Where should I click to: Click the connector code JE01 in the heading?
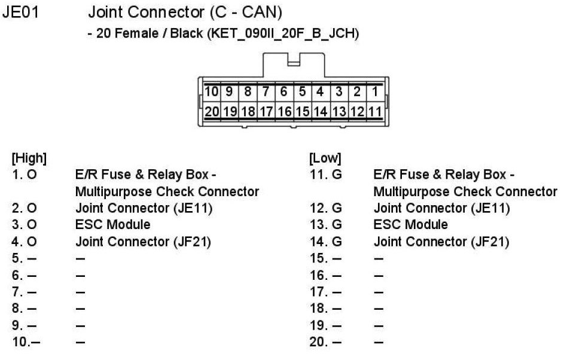[21, 11]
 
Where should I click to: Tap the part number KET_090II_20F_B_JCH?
[283, 34]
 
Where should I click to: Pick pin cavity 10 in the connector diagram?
[211, 92]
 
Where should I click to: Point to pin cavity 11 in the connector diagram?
[374, 111]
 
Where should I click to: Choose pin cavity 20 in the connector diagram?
[211, 111]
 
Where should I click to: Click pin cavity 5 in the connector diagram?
[302, 92]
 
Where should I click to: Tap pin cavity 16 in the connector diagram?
[284, 111]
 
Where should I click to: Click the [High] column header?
[29, 159]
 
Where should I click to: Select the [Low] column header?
[325, 159]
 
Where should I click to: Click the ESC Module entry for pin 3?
[112, 225]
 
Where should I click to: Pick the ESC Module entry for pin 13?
[410, 225]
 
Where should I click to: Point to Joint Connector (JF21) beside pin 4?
[144, 242]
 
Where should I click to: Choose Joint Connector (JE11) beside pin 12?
[441, 208]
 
